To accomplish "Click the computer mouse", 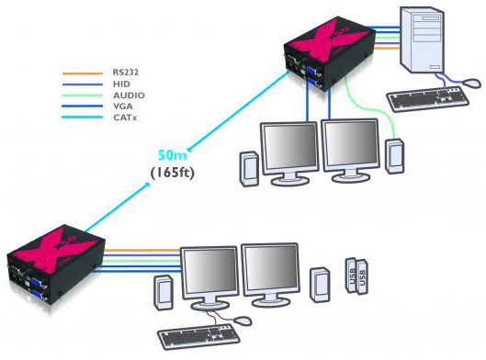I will click(x=242, y=320).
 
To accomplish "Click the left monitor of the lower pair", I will click(x=207, y=271).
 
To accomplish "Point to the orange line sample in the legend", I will click(x=78, y=71).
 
